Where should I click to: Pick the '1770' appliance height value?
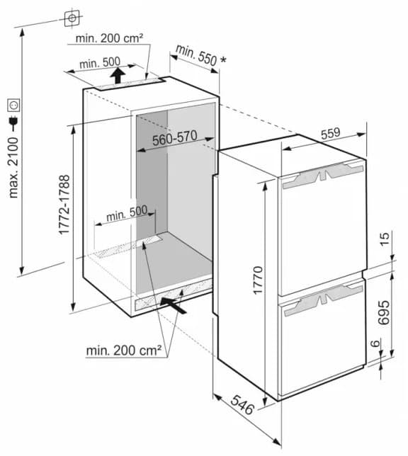click(258, 281)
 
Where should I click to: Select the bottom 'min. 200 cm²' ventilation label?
click(124, 349)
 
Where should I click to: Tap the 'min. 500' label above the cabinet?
click(99, 63)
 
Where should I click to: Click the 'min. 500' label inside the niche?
click(127, 212)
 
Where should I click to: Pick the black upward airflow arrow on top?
click(118, 74)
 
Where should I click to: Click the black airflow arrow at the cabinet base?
click(174, 304)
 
